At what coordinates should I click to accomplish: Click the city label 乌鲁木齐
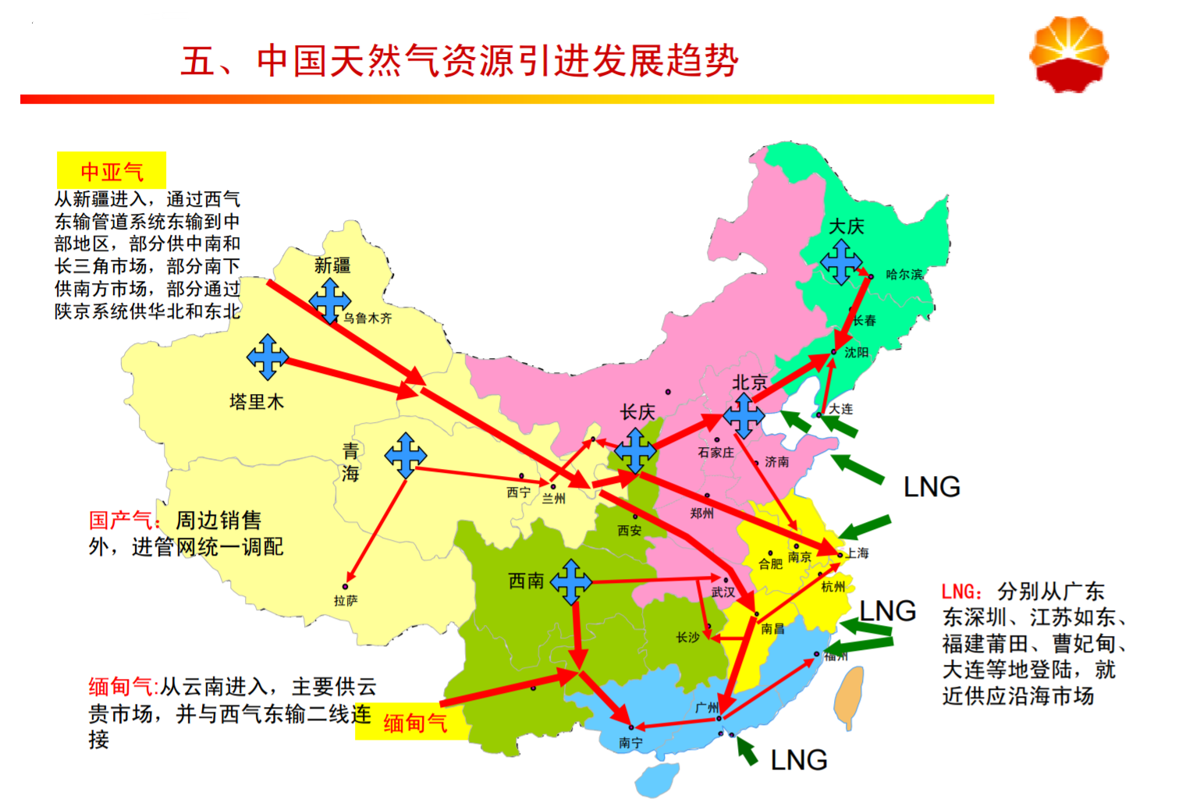click(367, 318)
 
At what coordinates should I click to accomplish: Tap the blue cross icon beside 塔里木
click(268, 357)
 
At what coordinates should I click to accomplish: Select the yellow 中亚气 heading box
click(112, 171)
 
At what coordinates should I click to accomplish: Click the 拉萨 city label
click(346, 600)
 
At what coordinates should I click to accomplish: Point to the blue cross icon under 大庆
click(841, 261)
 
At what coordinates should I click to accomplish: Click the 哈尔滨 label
click(904, 275)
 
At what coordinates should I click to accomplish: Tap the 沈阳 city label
click(856, 353)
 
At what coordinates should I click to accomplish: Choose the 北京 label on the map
click(749, 382)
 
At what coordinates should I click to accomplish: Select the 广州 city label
click(707, 708)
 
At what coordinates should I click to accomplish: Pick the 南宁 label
click(630, 743)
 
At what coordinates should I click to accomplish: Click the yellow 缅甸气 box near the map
click(415, 723)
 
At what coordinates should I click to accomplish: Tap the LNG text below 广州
click(798, 760)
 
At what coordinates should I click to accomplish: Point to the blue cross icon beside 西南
click(571, 581)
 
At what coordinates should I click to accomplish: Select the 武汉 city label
click(722, 592)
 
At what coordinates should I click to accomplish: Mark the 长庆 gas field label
click(637, 412)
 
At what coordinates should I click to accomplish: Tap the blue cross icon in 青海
click(406, 455)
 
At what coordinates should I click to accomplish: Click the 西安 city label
click(629, 531)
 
